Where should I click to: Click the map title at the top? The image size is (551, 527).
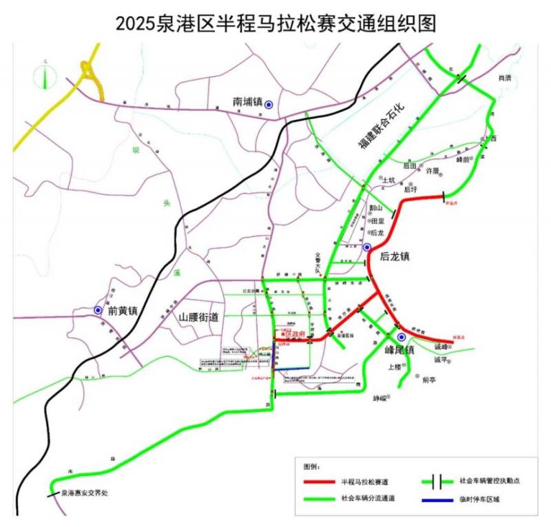275,24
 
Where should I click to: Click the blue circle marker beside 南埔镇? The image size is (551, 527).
269,103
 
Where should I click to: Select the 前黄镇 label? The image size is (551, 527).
123,311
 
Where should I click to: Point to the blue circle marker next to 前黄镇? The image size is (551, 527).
98,311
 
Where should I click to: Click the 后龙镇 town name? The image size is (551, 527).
395,256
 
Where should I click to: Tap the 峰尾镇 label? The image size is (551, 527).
399,349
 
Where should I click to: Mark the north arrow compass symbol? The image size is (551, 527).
46,74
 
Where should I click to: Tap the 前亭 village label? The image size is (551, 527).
429,379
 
